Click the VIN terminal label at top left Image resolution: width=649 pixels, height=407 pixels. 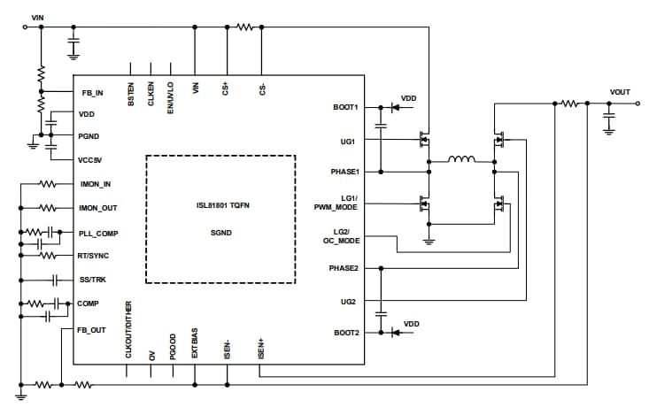36,17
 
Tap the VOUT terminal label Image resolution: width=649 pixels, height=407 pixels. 621,92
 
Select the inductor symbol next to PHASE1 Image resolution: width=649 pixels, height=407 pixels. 460,160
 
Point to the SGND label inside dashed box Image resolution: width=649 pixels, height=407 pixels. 220,232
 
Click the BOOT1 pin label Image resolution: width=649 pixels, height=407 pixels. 344,108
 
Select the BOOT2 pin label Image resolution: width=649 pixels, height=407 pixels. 344,333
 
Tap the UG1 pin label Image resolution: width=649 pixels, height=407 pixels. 348,141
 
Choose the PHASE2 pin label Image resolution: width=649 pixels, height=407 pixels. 342,266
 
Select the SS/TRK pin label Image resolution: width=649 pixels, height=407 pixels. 92,280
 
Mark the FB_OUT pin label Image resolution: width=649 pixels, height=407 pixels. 92,328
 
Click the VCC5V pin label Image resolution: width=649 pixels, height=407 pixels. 91,159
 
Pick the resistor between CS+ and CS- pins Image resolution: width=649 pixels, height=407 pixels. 244,27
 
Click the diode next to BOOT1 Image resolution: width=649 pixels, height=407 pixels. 394,108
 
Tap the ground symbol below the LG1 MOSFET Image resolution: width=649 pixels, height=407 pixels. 429,240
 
